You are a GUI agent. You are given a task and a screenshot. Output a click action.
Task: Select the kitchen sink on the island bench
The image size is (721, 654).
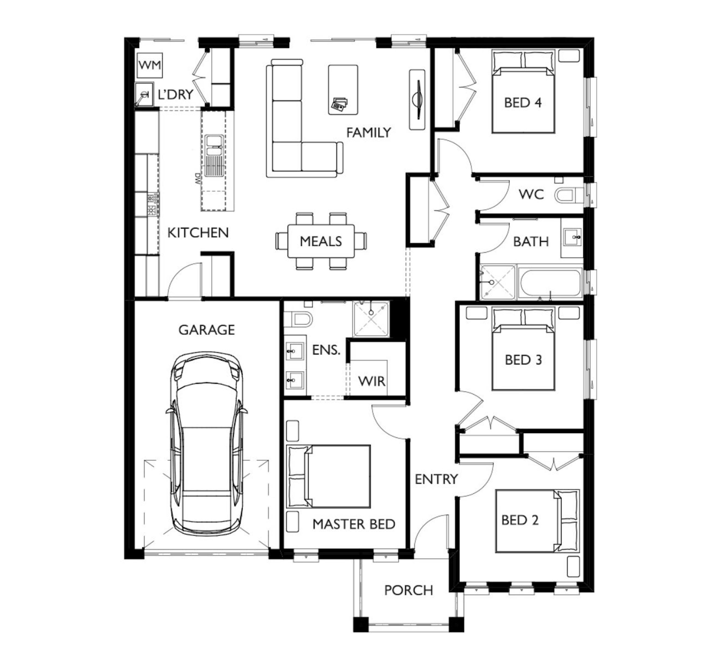pyautogui.click(x=215, y=156)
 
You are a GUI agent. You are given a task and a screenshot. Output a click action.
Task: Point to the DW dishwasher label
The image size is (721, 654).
pyautogui.click(x=197, y=179)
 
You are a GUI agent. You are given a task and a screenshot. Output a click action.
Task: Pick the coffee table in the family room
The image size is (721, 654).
pyautogui.click(x=343, y=90)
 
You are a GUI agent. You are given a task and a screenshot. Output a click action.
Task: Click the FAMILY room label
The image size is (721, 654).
pyautogui.click(x=369, y=133)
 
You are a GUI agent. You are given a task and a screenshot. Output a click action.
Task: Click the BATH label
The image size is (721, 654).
pyautogui.click(x=531, y=242)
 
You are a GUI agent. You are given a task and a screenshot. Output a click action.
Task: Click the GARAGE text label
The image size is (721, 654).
pyautogui.click(x=207, y=330)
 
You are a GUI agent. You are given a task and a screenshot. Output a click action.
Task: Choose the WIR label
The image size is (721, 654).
pyautogui.click(x=372, y=381)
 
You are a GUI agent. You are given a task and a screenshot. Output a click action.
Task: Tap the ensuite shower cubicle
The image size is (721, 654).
pyautogui.click(x=371, y=319)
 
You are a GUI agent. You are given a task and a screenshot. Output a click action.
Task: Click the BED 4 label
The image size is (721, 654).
pyautogui.click(x=523, y=103)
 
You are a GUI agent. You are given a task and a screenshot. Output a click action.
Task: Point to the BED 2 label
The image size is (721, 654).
pyautogui.click(x=520, y=520)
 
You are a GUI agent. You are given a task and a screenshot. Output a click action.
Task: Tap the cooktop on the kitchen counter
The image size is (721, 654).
pyautogui.click(x=153, y=204)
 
